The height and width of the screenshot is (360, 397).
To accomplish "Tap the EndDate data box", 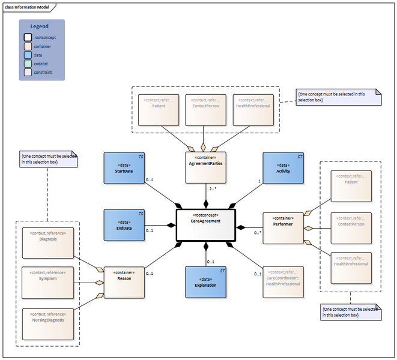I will coord(124,224).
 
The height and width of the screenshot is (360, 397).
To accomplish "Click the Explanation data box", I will coord(206,281).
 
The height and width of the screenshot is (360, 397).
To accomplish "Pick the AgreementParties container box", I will coord(206,167).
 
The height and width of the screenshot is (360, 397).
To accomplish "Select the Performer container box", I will coord(283,227).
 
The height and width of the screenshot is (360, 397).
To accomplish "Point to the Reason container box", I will coord(124,281).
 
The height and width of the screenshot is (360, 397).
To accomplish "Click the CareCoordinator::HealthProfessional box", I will coord(283,281).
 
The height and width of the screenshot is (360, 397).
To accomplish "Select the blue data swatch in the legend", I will coord(28,55).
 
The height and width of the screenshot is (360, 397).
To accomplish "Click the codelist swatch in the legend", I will coord(28,64).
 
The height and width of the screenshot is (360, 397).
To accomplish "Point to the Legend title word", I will coord(39,26).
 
